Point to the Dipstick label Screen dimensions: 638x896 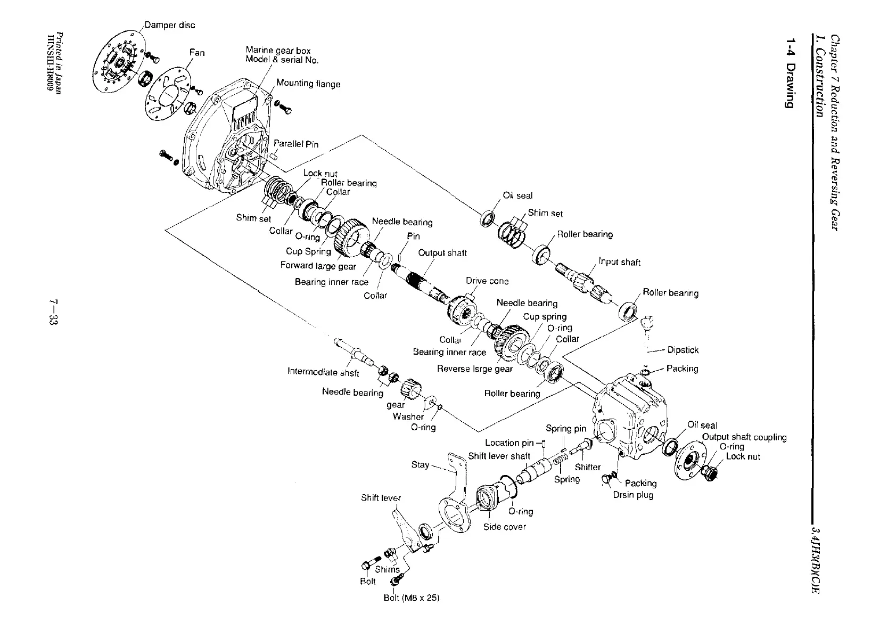683,350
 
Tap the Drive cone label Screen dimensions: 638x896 487,281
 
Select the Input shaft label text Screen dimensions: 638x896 619,262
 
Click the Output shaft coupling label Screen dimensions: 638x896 744,437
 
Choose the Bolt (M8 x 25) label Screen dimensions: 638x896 412,598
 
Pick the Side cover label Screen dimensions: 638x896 504,527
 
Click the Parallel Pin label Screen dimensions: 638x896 296,144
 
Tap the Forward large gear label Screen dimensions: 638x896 318,265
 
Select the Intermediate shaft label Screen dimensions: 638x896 323,372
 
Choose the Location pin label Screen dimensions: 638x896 509,443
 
